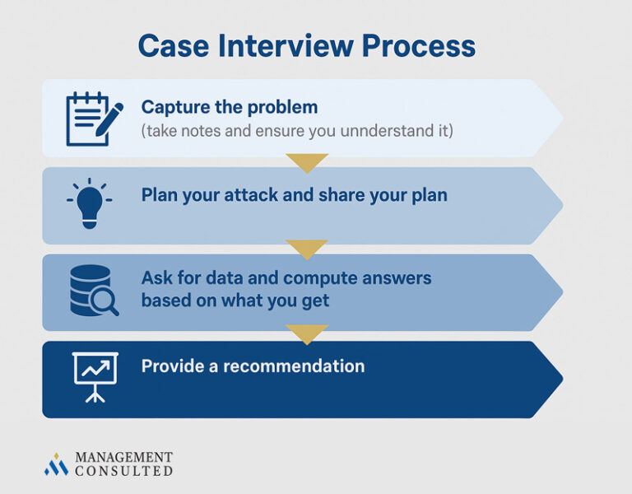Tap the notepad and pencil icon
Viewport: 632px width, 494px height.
[x=93, y=119]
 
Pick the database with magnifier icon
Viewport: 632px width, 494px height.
[x=93, y=291]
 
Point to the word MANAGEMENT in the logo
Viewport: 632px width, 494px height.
[x=123, y=457]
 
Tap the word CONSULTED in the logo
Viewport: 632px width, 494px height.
[x=123, y=471]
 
